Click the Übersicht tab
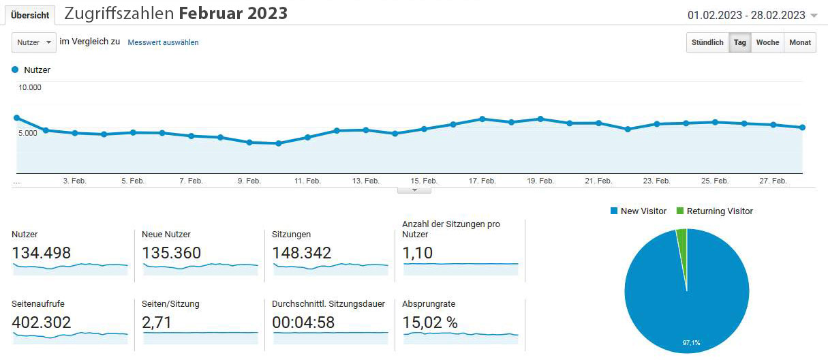pyautogui.click(x=30, y=15)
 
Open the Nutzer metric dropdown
pyautogui.click(x=34, y=42)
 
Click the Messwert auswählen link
pyautogui.click(x=163, y=42)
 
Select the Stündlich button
pyautogui.click(x=707, y=42)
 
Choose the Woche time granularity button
pyautogui.click(x=767, y=42)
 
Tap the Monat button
pyautogui.click(x=800, y=42)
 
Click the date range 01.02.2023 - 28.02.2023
pyautogui.click(x=746, y=15)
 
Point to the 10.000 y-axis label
pyautogui.click(x=30, y=87)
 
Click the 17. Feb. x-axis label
pyautogui.click(x=482, y=181)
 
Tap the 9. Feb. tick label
pyautogui.click(x=249, y=181)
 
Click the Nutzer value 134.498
pyautogui.click(x=42, y=253)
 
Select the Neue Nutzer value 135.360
pyautogui.click(x=172, y=253)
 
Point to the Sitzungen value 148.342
pyautogui.click(x=302, y=253)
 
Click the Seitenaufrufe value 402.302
pyautogui.click(x=42, y=322)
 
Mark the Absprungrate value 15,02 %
pyautogui.click(x=431, y=322)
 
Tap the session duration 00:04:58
pyautogui.click(x=303, y=322)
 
